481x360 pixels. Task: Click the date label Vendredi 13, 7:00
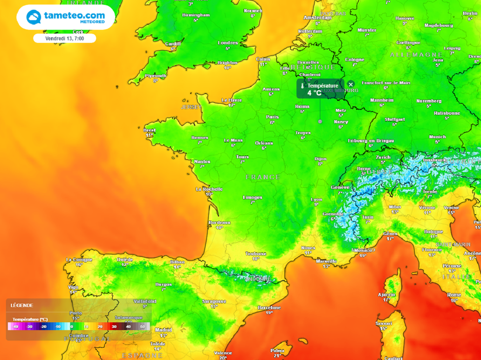coord(64,38)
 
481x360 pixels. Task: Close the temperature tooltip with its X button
coord(350,84)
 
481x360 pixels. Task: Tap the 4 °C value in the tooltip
coord(314,93)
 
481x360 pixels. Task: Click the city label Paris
coord(272,117)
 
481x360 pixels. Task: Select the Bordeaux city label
coord(219,222)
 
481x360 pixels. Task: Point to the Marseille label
coord(326,261)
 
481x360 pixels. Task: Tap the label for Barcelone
coord(269,307)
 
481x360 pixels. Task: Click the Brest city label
coord(149,130)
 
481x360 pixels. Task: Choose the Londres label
coord(228,43)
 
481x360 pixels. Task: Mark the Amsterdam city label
coord(318,17)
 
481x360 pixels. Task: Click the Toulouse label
coord(256,253)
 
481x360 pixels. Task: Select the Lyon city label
coord(317,199)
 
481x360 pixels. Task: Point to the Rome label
coord(454,295)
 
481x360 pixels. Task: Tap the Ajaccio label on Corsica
coord(386,294)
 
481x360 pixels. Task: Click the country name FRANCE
coord(263,177)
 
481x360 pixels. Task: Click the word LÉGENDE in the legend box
coord(22,305)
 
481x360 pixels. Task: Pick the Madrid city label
coord(163,329)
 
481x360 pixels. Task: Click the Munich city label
coord(437,137)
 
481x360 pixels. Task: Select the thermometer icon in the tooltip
coord(303,86)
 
